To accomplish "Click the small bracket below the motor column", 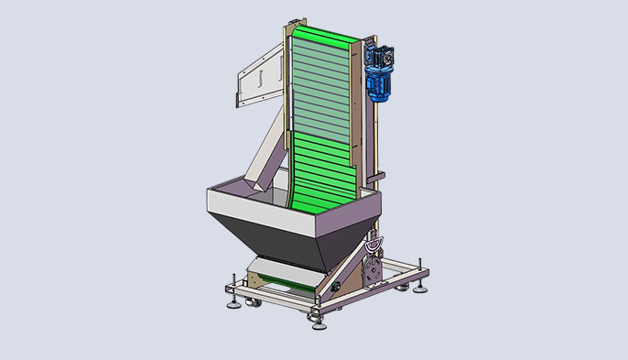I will [x=378, y=177].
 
